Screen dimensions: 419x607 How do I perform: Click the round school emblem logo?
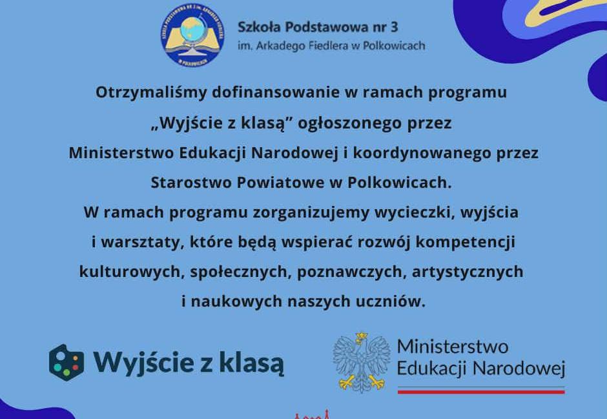[192, 35]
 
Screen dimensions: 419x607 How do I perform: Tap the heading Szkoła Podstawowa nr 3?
[318, 27]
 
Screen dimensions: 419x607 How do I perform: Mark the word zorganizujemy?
[278, 212]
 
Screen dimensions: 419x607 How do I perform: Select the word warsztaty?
[138, 243]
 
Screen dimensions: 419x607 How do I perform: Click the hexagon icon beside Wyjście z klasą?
[67, 362]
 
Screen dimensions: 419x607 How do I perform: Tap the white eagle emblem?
[362, 362]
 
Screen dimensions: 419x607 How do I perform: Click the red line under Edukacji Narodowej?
[480, 391]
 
